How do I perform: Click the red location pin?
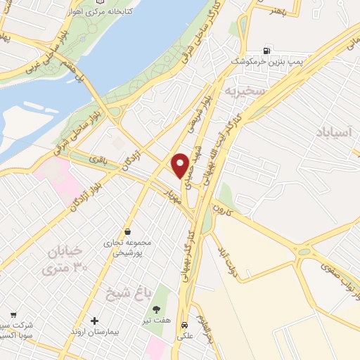click(x=180, y=166)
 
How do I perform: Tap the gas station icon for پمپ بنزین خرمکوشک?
click(x=266, y=50)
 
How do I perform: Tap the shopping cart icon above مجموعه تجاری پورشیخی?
click(x=127, y=231)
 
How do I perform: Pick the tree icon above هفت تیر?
click(x=156, y=309)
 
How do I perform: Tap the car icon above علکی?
click(x=184, y=326)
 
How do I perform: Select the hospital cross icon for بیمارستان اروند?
click(x=95, y=321)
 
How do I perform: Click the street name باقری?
click(x=97, y=160)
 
